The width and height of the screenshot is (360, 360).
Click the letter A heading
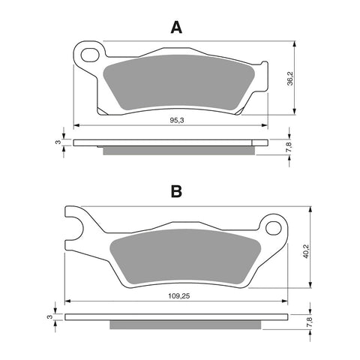[x=175, y=28]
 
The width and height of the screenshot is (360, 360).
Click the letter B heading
[x=175, y=193]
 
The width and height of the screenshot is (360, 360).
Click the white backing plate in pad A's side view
[x=171, y=142]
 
